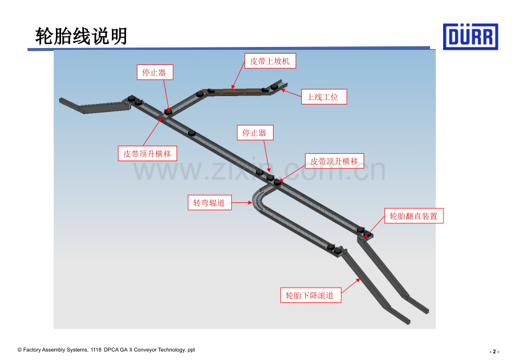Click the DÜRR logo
point(470,37)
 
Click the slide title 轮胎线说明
point(81,36)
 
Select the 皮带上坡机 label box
point(270,61)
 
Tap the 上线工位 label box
point(324,97)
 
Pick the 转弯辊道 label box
point(210,202)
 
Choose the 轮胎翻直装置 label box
point(414,216)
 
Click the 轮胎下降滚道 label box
point(311,295)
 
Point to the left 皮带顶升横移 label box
point(148,154)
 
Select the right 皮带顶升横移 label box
point(335,161)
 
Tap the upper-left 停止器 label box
point(155,72)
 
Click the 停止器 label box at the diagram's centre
point(255,133)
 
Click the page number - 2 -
point(494,352)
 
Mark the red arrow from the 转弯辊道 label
point(242,202)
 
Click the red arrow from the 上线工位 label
point(291,93)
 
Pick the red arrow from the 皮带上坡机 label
point(239,75)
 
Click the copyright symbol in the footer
point(20,350)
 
